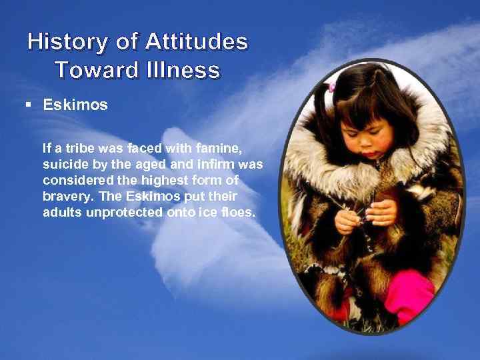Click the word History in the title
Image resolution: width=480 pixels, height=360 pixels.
(65, 43)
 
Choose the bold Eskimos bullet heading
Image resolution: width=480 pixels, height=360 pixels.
(75, 105)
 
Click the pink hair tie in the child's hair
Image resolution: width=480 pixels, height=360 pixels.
(331, 87)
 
